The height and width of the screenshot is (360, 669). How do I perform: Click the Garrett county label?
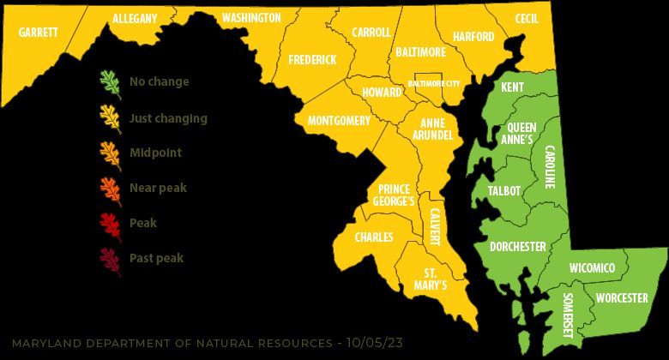pyautogui.click(x=38, y=32)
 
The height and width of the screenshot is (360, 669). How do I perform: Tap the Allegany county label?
pyautogui.click(x=135, y=19)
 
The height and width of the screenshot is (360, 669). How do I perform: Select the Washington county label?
pyautogui.click(x=250, y=18)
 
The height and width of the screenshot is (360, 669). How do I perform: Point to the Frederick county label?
pyautogui.click(x=312, y=59)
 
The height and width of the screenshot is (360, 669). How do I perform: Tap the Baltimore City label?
pyautogui.click(x=433, y=84)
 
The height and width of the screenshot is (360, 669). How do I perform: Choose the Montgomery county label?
pyautogui.click(x=338, y=121)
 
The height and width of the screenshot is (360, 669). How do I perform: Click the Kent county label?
pyautogui.click(x=512, y=87)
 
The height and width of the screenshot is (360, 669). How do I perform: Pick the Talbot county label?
pyautogui.click(x=503, y=191)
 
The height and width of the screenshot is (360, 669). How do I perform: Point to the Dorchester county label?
pyautogui.click(x=517, y=247)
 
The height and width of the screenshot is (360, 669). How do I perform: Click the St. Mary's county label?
pyautogui.click(x=431, y=279)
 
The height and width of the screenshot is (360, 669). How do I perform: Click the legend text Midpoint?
pyautogui.click(x=155, y=153)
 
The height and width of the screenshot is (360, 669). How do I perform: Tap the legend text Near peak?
pyautogui.click(x=157, y=188)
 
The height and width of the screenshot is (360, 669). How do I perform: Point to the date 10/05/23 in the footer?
pyautogui.click(x=371, y=343)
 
